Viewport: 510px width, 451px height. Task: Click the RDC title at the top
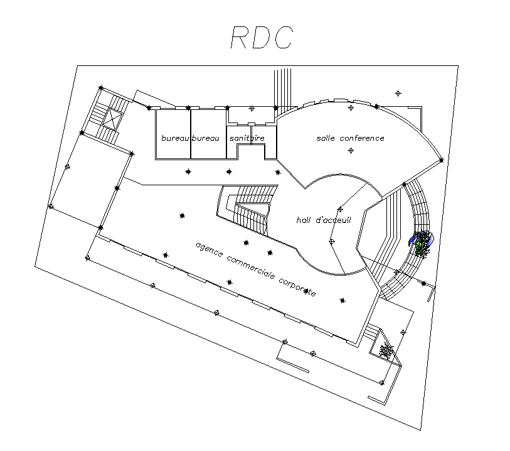pos(261,38)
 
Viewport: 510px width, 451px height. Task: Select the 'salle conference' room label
pos(350,138)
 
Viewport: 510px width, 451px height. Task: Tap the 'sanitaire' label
pos(247,138)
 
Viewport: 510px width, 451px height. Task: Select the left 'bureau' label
pos(175,138)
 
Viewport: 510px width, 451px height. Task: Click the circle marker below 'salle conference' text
pos(351,151)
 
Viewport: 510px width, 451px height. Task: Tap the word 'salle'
pos(326,138)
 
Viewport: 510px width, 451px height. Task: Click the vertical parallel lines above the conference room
pos(283,88)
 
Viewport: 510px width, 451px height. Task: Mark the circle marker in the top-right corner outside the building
pos(398,94)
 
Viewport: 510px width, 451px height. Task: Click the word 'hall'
pos(304,220)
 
